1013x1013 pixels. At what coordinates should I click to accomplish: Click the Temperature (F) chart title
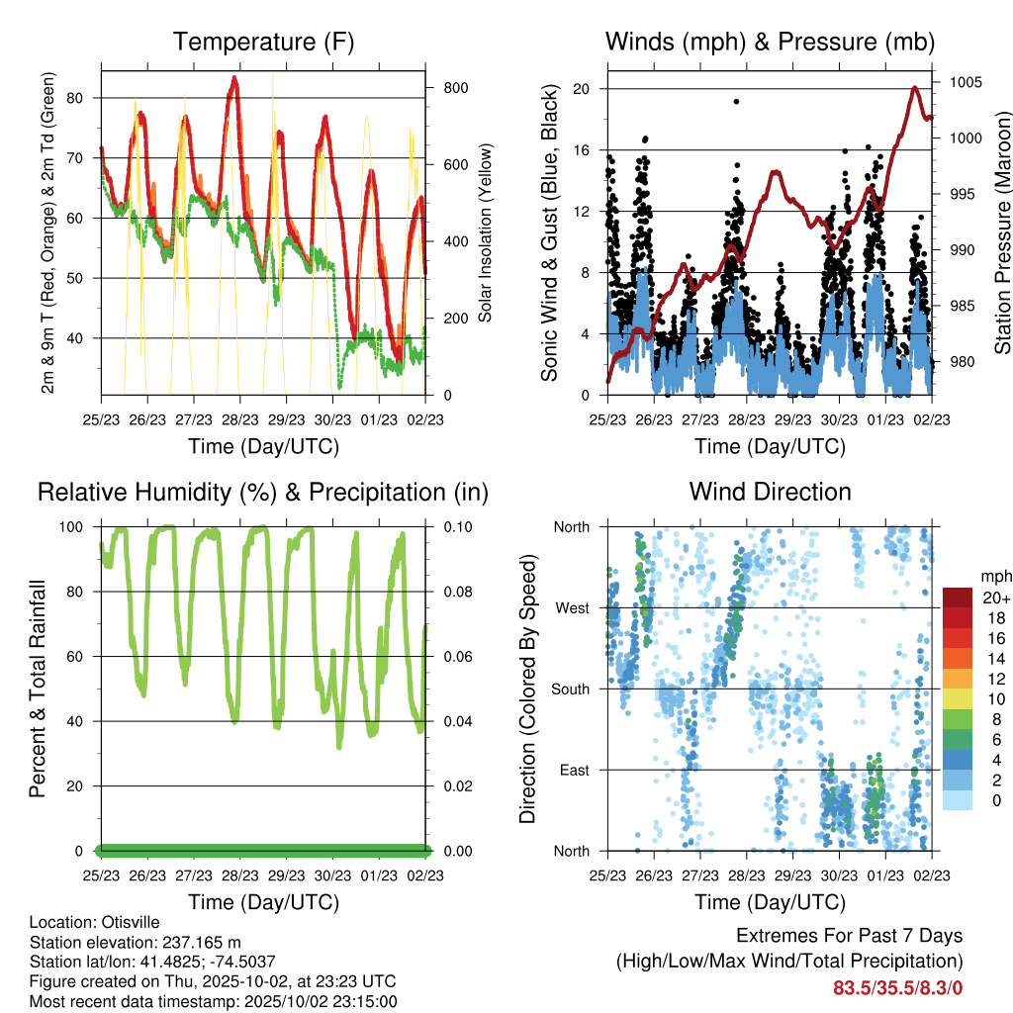[262, 43]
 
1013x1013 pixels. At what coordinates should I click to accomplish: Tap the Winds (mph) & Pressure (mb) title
[770, 43]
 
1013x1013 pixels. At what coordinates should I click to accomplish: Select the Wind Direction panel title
[770, 492]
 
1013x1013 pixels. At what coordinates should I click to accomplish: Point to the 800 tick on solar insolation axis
[454, 88]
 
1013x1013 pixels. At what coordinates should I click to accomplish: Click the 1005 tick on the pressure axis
[966, 82]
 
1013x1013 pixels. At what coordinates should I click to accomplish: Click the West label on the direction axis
[572, 608]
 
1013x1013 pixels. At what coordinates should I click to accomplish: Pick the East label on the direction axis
[574, 770]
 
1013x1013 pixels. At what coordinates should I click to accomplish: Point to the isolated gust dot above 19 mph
[736, 101]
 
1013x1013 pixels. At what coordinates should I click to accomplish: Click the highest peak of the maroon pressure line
[914, 88]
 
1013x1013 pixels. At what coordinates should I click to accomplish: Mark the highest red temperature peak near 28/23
[234, 77]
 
